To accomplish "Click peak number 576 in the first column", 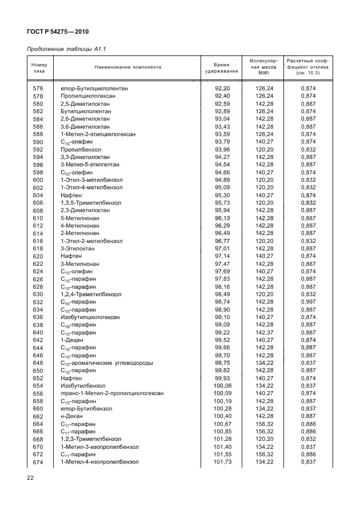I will (x=38, y=88).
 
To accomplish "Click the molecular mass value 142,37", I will (x=265, y=332).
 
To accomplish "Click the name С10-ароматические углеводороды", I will (x=107, y=362).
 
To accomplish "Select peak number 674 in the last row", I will (x=38, y=461).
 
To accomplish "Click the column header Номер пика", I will (x=39, y=68).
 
